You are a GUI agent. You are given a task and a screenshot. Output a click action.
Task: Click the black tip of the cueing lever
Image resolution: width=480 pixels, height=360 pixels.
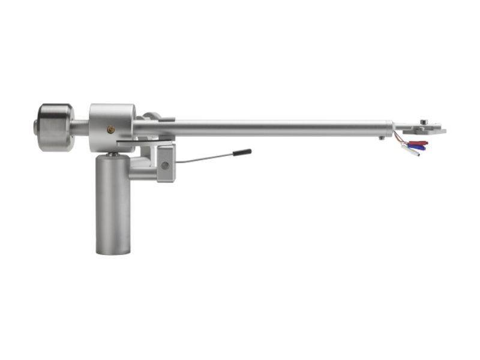(242, 153)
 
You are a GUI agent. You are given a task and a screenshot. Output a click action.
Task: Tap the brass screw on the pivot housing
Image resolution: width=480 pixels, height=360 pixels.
(110, 128)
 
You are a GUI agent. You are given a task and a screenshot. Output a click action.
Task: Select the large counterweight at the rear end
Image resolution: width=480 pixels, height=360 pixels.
(56, 127)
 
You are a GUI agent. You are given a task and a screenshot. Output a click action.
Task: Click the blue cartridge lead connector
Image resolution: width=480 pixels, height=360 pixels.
(417, 148)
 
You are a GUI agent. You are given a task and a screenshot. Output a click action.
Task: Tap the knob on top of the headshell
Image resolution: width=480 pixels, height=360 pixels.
(424, 122)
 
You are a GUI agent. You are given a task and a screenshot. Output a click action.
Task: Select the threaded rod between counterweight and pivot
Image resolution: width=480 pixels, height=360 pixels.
(82, 127)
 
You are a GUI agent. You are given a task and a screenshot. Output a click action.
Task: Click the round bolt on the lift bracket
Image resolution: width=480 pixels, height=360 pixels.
(164, 166)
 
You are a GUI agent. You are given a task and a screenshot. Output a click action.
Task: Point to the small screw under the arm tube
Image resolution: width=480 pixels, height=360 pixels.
(381, 139)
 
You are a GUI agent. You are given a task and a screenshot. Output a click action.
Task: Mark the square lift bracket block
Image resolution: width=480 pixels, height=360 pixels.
(166, 163)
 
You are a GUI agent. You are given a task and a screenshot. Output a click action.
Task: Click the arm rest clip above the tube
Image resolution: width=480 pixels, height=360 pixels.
(154, 115)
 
